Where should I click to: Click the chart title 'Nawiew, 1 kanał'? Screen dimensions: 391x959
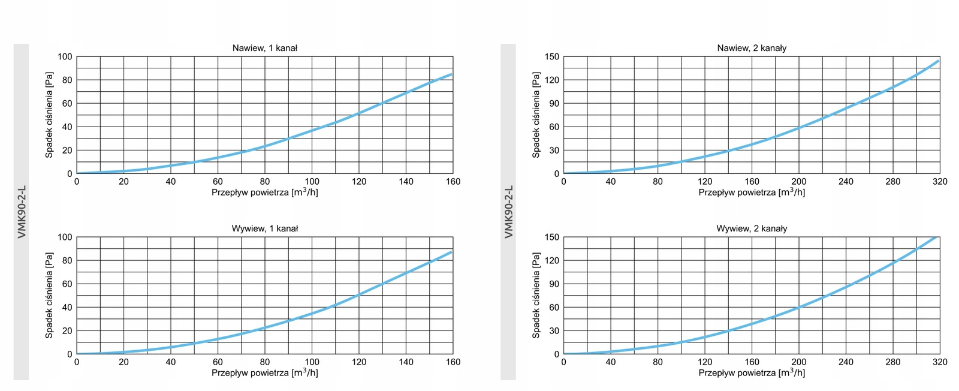[264, 48]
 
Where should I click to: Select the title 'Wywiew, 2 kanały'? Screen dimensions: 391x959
[752, 228]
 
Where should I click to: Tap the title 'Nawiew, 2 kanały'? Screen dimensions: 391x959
[752, 48]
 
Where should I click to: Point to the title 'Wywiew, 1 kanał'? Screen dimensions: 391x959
[264, 228]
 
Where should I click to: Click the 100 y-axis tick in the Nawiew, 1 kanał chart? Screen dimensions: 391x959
[65, 57]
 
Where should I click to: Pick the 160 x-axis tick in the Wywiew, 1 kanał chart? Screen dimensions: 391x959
[453, 362]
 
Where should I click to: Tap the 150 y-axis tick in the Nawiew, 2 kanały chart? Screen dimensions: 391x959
[551, 57]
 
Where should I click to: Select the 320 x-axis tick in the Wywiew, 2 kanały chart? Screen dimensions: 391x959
[940, 362]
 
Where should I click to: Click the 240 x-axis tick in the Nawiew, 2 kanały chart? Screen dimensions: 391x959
[846, 181]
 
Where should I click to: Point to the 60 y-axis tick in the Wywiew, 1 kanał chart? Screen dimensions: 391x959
[67, 284]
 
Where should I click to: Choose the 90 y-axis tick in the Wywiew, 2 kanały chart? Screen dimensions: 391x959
[554, 284]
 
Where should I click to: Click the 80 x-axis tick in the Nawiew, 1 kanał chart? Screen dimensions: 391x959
[265, 181]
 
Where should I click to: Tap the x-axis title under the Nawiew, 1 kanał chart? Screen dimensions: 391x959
[264, 192]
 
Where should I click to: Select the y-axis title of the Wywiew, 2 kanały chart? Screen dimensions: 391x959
[536, 295]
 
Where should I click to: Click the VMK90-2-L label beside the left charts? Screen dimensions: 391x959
[22, 212]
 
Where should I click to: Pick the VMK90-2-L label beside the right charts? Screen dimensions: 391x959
[508, 212]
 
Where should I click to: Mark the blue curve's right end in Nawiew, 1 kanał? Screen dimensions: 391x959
[451, 74]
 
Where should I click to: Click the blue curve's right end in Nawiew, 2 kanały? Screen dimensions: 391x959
[938, 61]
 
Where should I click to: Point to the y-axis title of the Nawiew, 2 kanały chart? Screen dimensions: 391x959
[536, 115]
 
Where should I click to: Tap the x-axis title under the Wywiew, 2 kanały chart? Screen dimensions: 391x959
[752, 372]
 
